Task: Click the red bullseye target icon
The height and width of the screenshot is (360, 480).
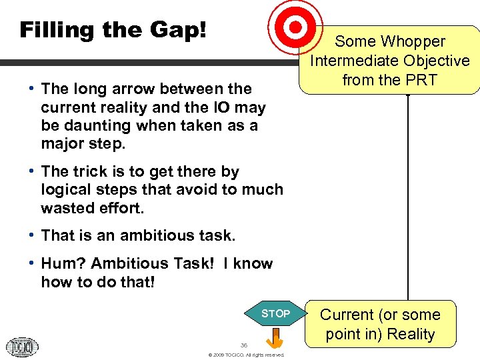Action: (x=295, y=27)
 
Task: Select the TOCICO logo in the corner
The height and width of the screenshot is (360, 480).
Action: (x=22, y=346)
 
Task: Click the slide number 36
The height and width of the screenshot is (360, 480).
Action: (x=244, y=345)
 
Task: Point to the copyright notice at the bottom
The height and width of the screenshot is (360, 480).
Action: (x=246, y=355)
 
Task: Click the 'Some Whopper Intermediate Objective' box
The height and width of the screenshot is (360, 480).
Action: (x=389, y=60)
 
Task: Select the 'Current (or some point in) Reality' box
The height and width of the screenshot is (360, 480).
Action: (x=380, y=324)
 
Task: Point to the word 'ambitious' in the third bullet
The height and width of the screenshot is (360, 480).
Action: (x=145, y=235)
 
